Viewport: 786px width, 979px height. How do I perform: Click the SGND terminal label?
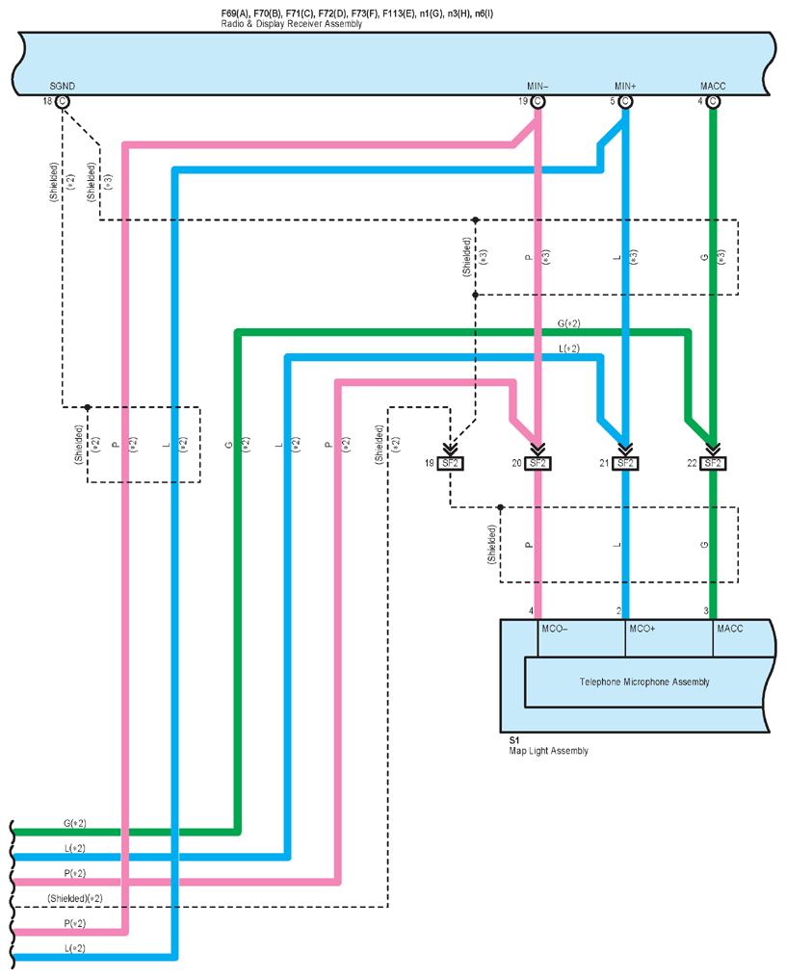(63, 86)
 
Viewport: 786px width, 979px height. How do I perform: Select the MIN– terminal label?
(537, 86)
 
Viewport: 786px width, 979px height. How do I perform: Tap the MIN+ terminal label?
(625, 86)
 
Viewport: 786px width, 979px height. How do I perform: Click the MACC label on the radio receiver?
(714, 86)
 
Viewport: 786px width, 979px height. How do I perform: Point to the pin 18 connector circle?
(63, 100)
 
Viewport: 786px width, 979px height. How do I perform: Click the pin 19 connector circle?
(537, 100)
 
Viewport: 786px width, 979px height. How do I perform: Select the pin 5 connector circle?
(625, 100)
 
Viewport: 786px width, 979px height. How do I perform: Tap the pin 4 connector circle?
(713, 100)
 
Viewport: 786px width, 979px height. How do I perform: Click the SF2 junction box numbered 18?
(450, 464)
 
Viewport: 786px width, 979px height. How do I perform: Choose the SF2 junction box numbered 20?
(537, 464)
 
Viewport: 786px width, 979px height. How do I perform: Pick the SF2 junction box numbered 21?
(625, 464)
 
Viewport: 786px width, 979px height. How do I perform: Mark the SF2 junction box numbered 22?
(713, 464)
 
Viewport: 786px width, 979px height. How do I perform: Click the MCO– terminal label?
(555, 629)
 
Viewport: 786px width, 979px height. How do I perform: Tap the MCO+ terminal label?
(642, 629)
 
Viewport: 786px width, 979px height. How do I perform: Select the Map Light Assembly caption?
(547, 751)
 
